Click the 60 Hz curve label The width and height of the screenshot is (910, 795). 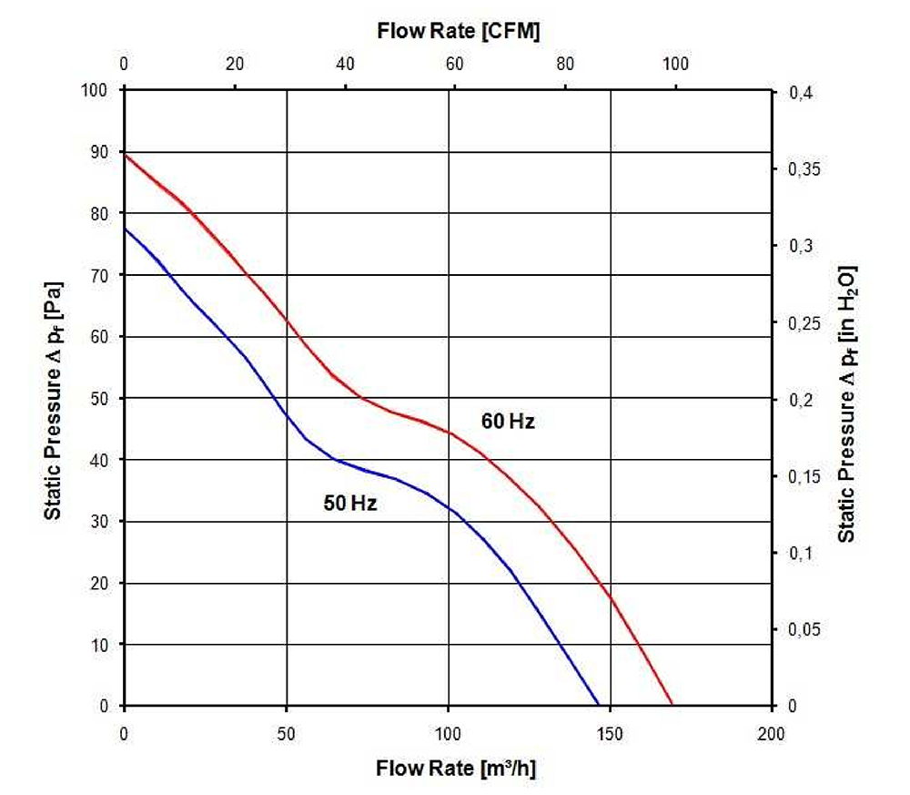tap(508, 421)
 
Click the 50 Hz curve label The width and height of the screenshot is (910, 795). tap(350, 503)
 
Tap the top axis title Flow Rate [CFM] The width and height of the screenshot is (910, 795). tap(459, 31)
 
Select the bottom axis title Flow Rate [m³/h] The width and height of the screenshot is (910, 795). tap(456, 769)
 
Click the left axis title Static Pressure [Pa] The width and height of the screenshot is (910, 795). tap(53, 401)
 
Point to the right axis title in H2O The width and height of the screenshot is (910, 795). tap(846, 404)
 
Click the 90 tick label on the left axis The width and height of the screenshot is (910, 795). tap(99, 152)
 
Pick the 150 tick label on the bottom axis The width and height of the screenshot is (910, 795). tap(610, 734)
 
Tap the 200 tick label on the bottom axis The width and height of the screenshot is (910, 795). tap(771, 734)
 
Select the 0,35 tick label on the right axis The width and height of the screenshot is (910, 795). tap(804, 169)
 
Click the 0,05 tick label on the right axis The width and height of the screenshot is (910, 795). tap(804, 629)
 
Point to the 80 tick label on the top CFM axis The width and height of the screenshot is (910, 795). tap(565, 64)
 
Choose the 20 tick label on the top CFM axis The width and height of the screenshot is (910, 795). tap(235, 64)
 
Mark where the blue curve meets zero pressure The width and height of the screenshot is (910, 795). tap(599, 706)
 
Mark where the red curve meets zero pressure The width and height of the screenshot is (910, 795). tap(672, 706)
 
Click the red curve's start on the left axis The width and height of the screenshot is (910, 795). tap(125, 155)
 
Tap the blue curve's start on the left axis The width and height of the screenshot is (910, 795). tap(125, 229)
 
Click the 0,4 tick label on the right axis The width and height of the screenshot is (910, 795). tap(801, 93)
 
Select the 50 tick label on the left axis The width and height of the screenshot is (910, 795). tap(99, 398)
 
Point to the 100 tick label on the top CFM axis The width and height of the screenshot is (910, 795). tap(675, 64)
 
